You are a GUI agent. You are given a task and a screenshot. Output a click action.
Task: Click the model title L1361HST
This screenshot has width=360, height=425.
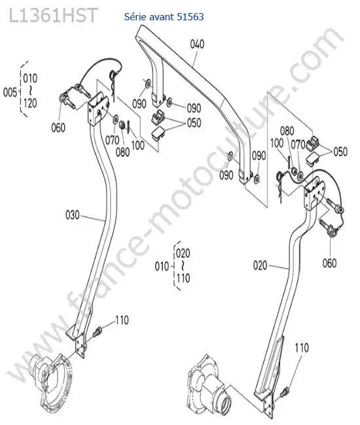pos(53,15)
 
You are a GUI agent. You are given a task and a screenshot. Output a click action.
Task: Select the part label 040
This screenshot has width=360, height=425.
pos(197,44)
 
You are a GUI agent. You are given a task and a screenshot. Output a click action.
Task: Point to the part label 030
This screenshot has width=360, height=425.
pos(73,215)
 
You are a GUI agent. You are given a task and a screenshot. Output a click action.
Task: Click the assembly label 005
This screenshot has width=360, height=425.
pos(10,92)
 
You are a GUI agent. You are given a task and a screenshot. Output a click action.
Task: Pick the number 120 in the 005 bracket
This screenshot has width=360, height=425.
pos(30,103)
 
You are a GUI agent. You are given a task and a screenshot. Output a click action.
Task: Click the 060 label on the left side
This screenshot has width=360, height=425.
pos(58,127)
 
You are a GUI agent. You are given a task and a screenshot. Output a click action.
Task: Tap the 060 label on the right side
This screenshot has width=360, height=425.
pos(330,263)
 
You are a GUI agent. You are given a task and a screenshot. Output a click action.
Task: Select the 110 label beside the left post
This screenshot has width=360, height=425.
pos(122,320)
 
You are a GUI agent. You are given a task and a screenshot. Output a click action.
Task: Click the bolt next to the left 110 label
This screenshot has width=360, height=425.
pos(97,331)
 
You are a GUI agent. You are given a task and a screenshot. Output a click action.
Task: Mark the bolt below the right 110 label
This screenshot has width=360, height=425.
pos(285,391)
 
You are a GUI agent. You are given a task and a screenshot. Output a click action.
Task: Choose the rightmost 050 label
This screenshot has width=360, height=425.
pos(340,152)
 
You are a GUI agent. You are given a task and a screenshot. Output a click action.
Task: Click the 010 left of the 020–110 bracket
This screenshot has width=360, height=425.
pos(162,266)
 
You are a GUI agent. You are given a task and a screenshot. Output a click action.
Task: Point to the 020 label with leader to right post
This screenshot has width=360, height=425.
pos(260,265)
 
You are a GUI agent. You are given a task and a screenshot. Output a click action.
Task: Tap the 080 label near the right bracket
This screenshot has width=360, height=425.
pos(287,131)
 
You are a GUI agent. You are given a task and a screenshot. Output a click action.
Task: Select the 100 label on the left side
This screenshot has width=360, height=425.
pos(138,145)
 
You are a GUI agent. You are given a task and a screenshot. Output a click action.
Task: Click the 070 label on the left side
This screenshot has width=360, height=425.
pos(113,140)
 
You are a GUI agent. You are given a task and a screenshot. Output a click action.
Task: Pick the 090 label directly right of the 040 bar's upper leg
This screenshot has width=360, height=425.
pos(194,108)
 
